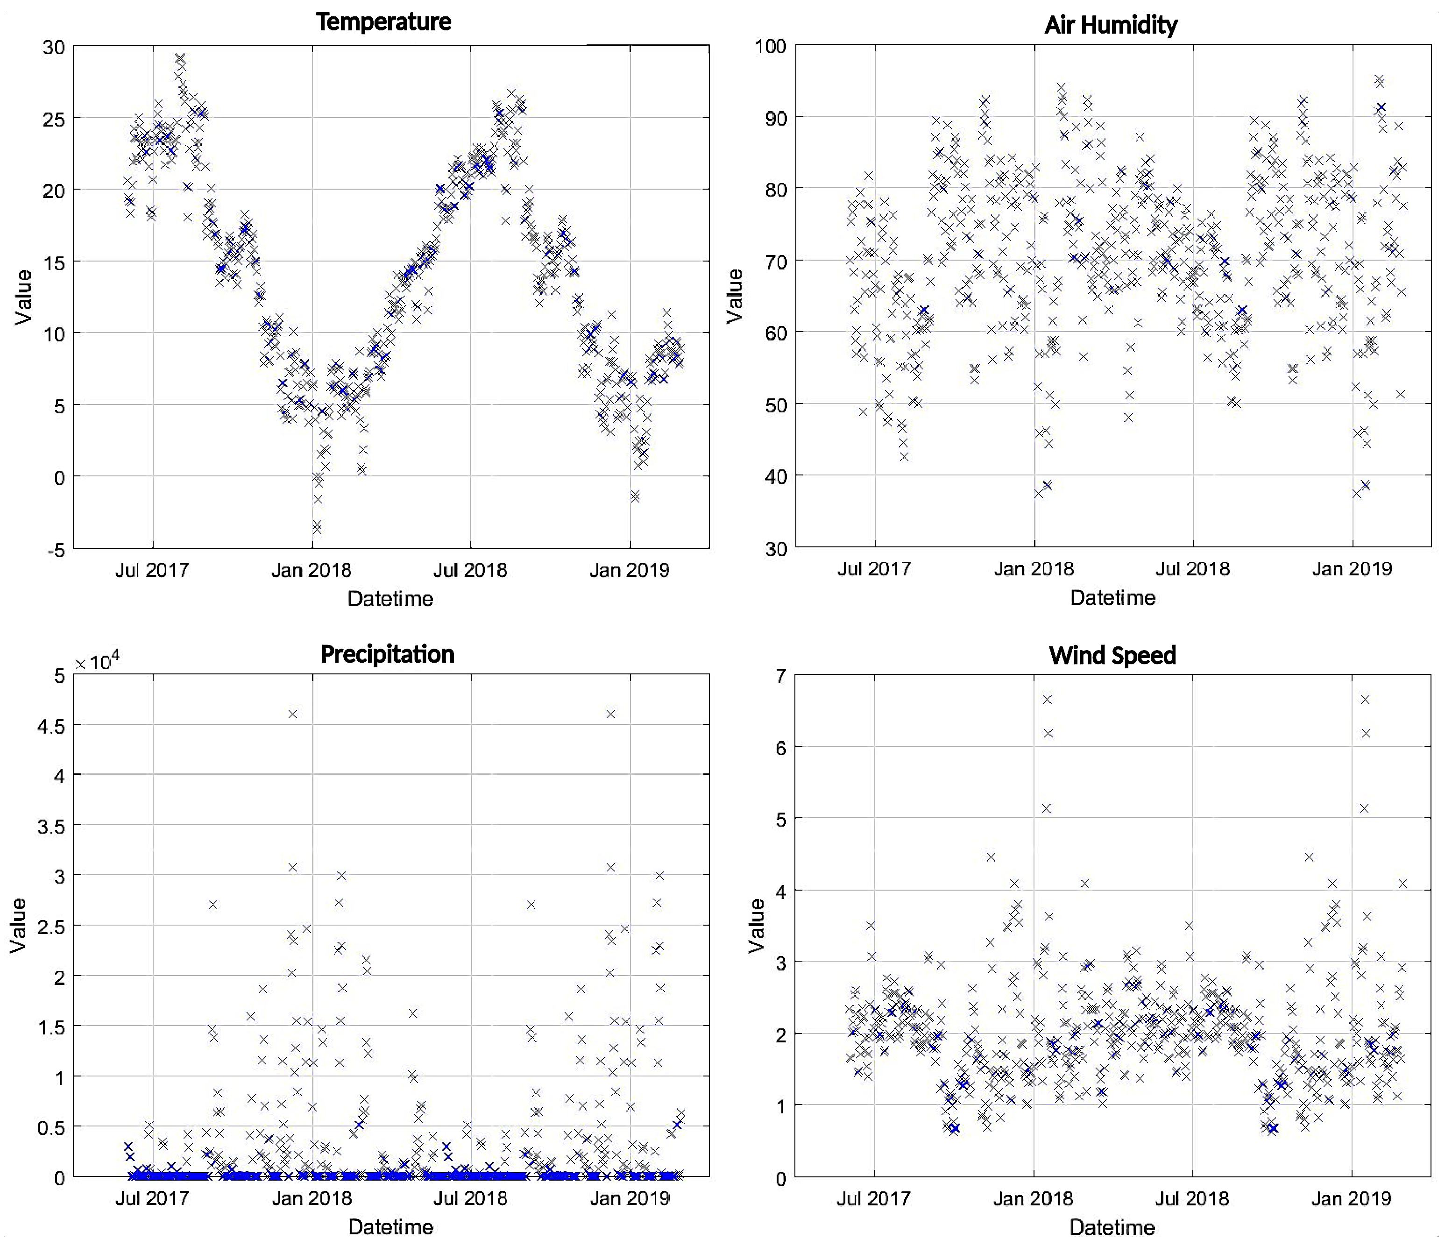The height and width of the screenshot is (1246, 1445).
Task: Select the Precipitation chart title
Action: coord(387,654)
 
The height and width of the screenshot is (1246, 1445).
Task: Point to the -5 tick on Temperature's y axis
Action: coord(56,550)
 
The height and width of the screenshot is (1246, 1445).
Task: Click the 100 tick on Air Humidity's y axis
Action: coord(771,47)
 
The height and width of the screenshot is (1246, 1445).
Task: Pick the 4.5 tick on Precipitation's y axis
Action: coord(51,726)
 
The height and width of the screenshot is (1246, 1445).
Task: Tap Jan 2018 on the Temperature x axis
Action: coord(311,570)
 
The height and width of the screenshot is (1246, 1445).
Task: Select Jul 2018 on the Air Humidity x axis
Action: coord(1192,569)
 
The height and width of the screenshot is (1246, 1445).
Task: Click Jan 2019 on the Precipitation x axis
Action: coord(629,1198)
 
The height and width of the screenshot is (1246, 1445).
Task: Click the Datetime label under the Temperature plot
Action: coord(390,598)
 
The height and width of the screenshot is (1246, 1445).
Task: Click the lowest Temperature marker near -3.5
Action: coord(317,527)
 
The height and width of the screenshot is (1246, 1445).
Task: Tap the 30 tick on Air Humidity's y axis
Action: coord(775,549)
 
